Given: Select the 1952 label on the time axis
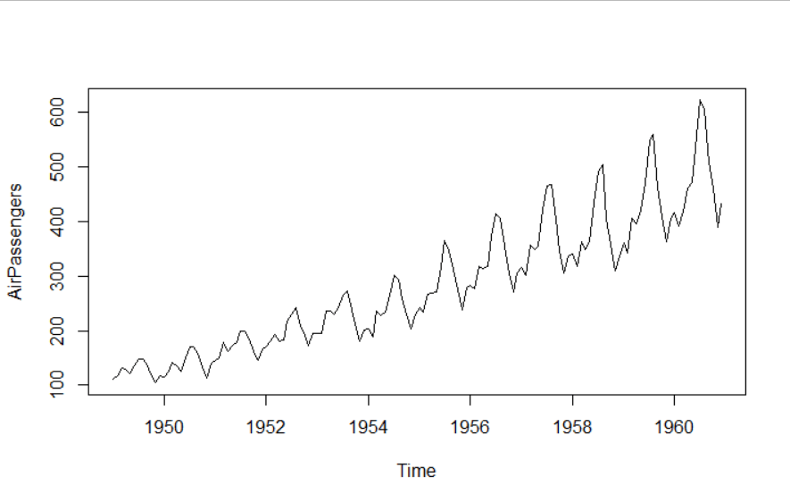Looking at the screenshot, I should [x=266, y=427].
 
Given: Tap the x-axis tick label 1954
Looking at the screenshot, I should [x=368, y=427].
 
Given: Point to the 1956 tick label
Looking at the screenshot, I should [x=470, y=427].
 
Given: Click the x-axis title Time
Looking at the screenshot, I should [x=417, y=471].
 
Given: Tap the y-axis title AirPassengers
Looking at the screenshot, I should [x=15, y=241].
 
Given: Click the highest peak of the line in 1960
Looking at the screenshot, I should [x=700, y=100].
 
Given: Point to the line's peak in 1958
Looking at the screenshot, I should [x=603, y=164].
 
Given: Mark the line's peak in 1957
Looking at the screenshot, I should [x=551, y=184].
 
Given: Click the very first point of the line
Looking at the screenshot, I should [x=113, y=380].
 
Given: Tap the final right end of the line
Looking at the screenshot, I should [x=721, y=205].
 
